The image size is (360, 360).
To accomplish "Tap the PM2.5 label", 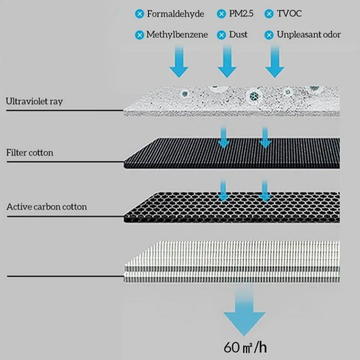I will click(x=241, y=14).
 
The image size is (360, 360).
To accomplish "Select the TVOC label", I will click(x=289, y=14).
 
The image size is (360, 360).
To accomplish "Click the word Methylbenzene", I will click(x=177, y=34).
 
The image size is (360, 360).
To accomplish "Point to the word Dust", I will click(x=238, y=34).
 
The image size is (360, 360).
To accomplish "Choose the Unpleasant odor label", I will click(x=309, y=34).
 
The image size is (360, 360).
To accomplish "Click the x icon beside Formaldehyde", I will click(x=139, y=14).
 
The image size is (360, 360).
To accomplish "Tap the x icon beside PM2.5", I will click(x=221, y=14).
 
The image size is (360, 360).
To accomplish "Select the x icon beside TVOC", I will click(x=269, y=14).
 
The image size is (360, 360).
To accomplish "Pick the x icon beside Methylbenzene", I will click(x=139, y=35).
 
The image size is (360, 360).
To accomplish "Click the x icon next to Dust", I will click(x=221, y=35).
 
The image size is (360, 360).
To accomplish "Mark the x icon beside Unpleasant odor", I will click(x=269, y=35).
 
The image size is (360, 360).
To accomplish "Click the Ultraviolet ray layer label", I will click(x=34, y=101).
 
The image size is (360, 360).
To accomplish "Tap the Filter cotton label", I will click(x=30, y=153).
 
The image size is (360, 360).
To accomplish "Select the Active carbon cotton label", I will click(x=47, y=207).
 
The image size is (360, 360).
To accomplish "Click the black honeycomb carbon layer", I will click(x=234, y=207).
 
